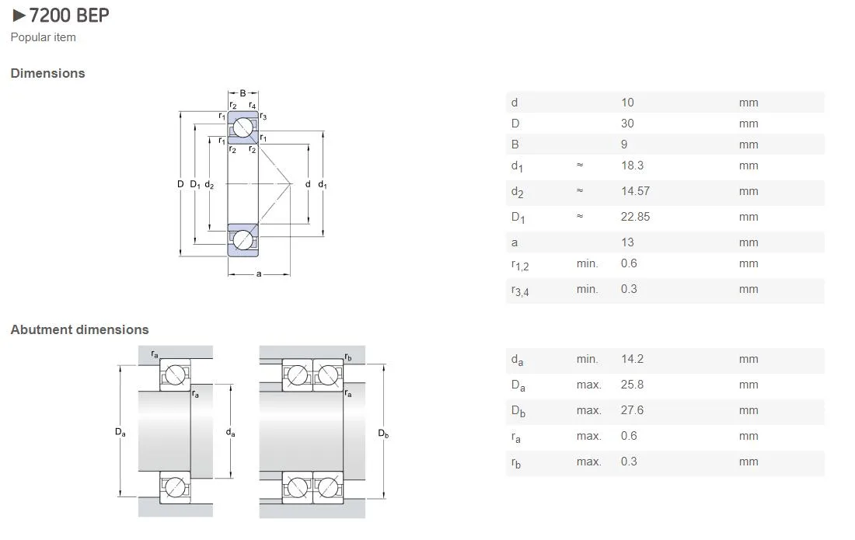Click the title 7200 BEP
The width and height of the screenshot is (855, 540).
(68, 16)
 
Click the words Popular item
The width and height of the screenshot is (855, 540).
(43, 37)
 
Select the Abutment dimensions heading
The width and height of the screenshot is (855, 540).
(79, 329)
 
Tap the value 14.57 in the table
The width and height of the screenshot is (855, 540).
(635, 191)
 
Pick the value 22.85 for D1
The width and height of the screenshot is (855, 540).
(635, 217)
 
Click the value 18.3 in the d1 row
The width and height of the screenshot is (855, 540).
(632, 165)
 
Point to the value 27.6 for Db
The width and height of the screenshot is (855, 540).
(632, 410)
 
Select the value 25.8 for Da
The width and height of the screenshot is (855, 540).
(632, 385)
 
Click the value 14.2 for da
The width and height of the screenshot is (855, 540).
(632, 359)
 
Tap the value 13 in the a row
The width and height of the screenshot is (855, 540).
(627, 242)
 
